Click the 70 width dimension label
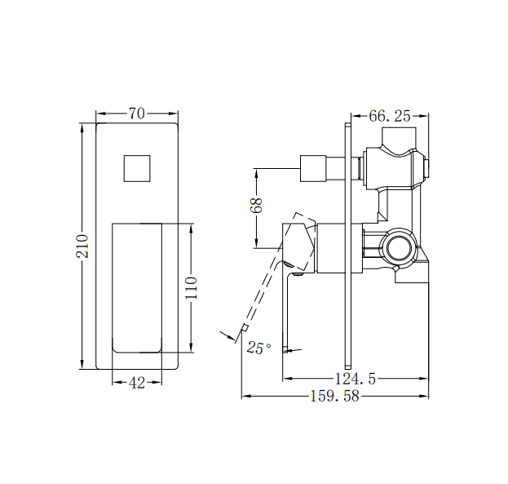coord(137,114)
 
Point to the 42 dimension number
coord(137,383)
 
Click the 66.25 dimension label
coord(389,116)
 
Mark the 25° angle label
coord(258,349)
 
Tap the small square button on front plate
coord(137,168)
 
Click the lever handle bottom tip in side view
coord(286,350)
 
